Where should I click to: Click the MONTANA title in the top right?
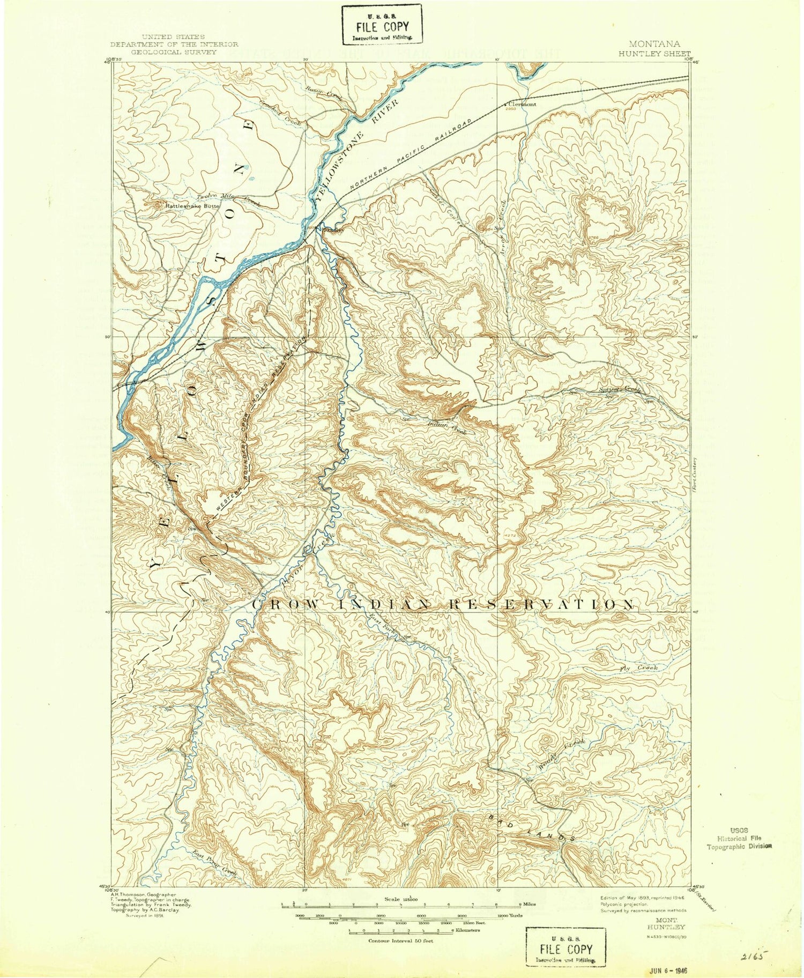(x=654, y=45)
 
